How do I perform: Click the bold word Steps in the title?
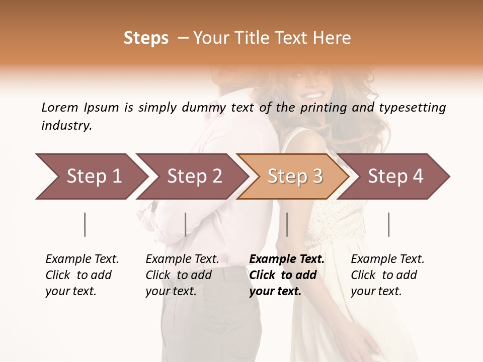click(x=146, y=38)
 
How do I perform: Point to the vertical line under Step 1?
click(x=85, y=224)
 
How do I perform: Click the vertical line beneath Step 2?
click(x=186, y=224)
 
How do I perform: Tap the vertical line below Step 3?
click(x=287, y=224)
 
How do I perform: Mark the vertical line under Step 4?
click(x=388, y=224)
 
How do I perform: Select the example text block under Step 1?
click(x=82, y=275)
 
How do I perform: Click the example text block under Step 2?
click(x=182, y=275)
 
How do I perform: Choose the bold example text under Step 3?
click(x=286, y=275)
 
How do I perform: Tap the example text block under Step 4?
click(x=387, y=275)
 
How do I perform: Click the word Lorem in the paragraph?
click(x=60, y=107)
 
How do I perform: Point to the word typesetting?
click(x=412, y=108)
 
